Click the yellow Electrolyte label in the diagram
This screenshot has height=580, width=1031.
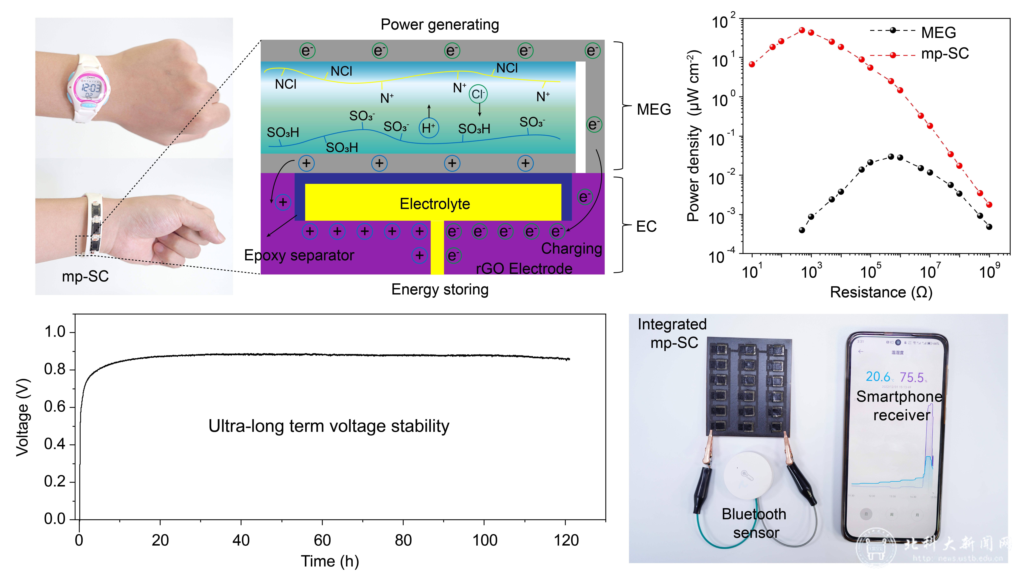pyautogui.click(x=435, y=204)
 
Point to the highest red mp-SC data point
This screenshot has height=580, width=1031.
pyautogui.click(x=802, y=30)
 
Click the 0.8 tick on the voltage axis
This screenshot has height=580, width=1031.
pyautogui.click(x=55, y=369)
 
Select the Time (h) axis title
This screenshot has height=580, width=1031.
pyautogui.click(x=330, y=561)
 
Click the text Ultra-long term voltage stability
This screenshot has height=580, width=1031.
pyautogui.click(x=329, y=426)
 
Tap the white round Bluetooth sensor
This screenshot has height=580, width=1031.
pyautogui.click(x=748, y=476)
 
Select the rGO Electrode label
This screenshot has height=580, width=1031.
pyautogui.click(x=524, y=268)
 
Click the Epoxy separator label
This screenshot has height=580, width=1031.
pyautogui.click(x=299, y=255)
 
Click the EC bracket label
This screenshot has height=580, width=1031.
pyautogui.click(x=646, y=227)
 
